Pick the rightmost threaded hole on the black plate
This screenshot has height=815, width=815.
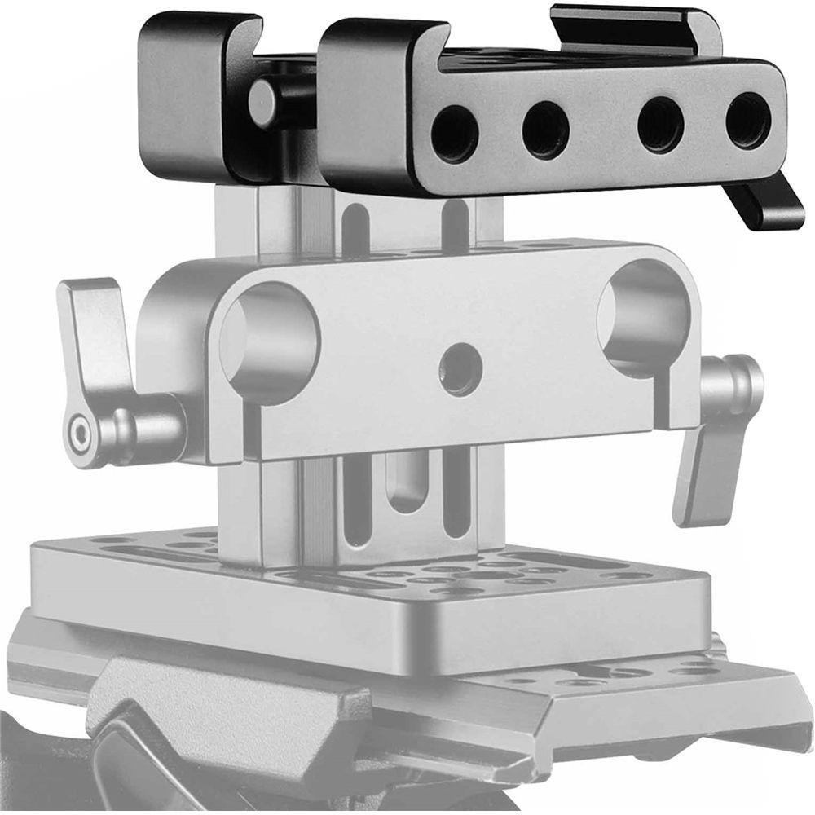[747, 122]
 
